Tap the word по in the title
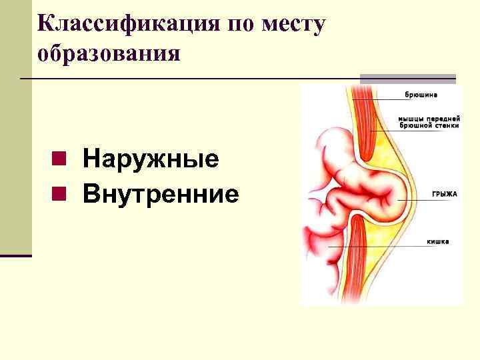coord(241,25)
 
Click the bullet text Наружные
coord(151,160)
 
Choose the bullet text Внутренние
coord(161,194)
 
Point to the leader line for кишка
coord(387,247)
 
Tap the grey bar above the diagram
coord(407,79)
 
